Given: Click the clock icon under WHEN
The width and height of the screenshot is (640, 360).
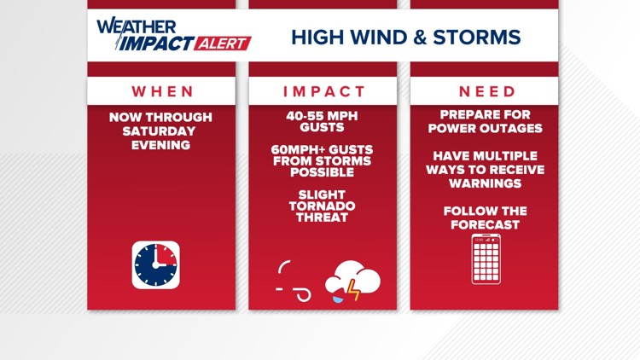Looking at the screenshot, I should (155, 264).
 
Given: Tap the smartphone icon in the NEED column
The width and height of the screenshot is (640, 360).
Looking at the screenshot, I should (486, 258).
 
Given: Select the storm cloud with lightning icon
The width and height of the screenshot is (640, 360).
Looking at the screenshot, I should (352, 280).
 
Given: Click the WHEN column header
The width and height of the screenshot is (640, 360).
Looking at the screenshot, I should (161, 91).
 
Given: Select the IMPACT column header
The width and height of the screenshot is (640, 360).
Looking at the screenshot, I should (323, 91).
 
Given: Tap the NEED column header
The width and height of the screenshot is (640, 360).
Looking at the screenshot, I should (486, 91).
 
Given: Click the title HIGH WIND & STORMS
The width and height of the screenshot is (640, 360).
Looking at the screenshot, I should (405, 38).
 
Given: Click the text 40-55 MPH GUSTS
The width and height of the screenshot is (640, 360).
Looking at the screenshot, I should (323, 121).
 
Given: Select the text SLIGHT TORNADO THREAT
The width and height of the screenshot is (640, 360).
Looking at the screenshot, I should (323, 206).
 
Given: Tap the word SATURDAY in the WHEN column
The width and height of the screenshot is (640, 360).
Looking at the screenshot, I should (160, 131).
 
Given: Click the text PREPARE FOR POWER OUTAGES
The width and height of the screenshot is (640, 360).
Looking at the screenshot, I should (486, 121).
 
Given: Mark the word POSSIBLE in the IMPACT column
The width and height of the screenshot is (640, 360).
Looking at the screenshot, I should (323, 172).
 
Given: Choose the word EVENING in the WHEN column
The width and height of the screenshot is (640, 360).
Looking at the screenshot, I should (160, 144).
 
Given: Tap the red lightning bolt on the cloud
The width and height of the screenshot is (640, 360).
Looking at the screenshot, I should (352, 290).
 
